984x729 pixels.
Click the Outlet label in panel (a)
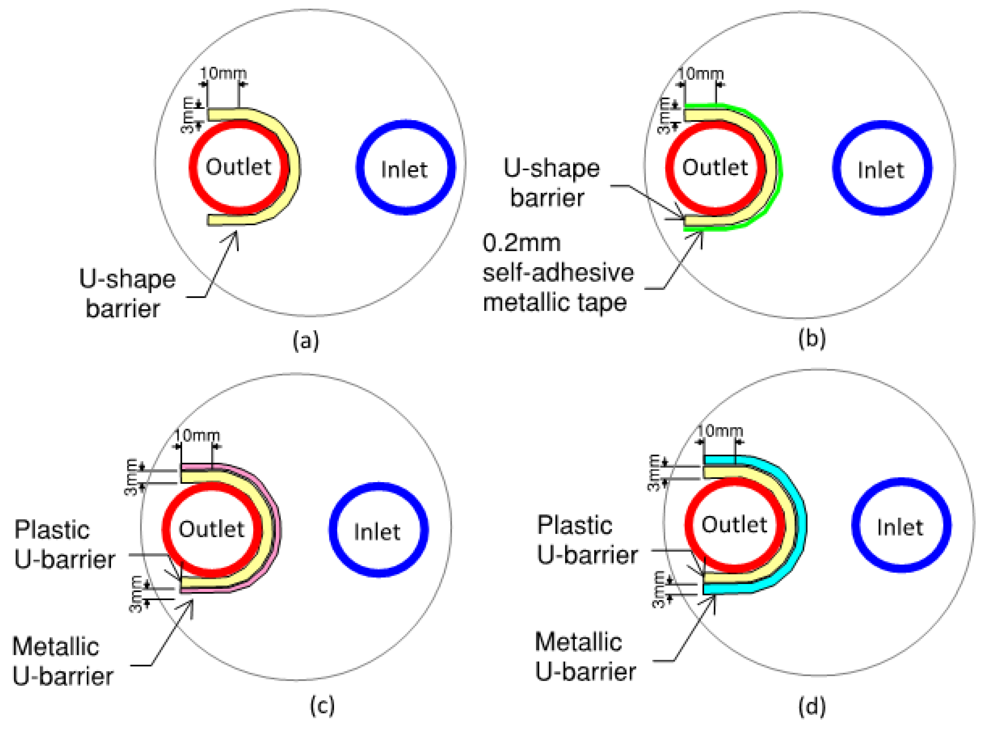238,167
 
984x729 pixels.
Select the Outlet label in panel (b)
715,168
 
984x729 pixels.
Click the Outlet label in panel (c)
211,529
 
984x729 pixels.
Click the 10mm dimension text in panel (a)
223,73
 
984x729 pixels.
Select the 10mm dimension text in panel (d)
720,431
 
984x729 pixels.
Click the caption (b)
812,339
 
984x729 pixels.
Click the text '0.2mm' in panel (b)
521,243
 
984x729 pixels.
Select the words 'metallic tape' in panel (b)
555,303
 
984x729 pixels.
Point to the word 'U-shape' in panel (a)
128,279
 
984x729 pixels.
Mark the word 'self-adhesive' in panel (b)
558,273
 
